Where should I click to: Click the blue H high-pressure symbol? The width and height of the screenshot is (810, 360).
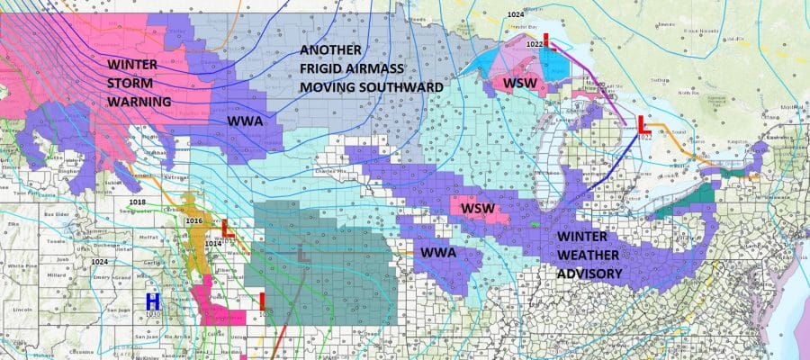[x=152, y=300]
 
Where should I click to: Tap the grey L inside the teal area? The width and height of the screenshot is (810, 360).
[x=304, y=256]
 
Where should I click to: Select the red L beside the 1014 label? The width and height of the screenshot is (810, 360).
[x=229, y=229]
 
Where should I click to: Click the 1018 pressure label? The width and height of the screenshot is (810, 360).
[x=137, y=201]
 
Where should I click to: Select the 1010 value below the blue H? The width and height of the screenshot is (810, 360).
[x=152, y=314]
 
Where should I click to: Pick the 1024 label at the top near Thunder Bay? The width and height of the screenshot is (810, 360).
[x=515, y=15]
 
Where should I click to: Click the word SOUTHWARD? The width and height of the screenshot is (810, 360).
[x=396, y=86]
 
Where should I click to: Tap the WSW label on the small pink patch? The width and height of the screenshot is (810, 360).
[x=475, y=209]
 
